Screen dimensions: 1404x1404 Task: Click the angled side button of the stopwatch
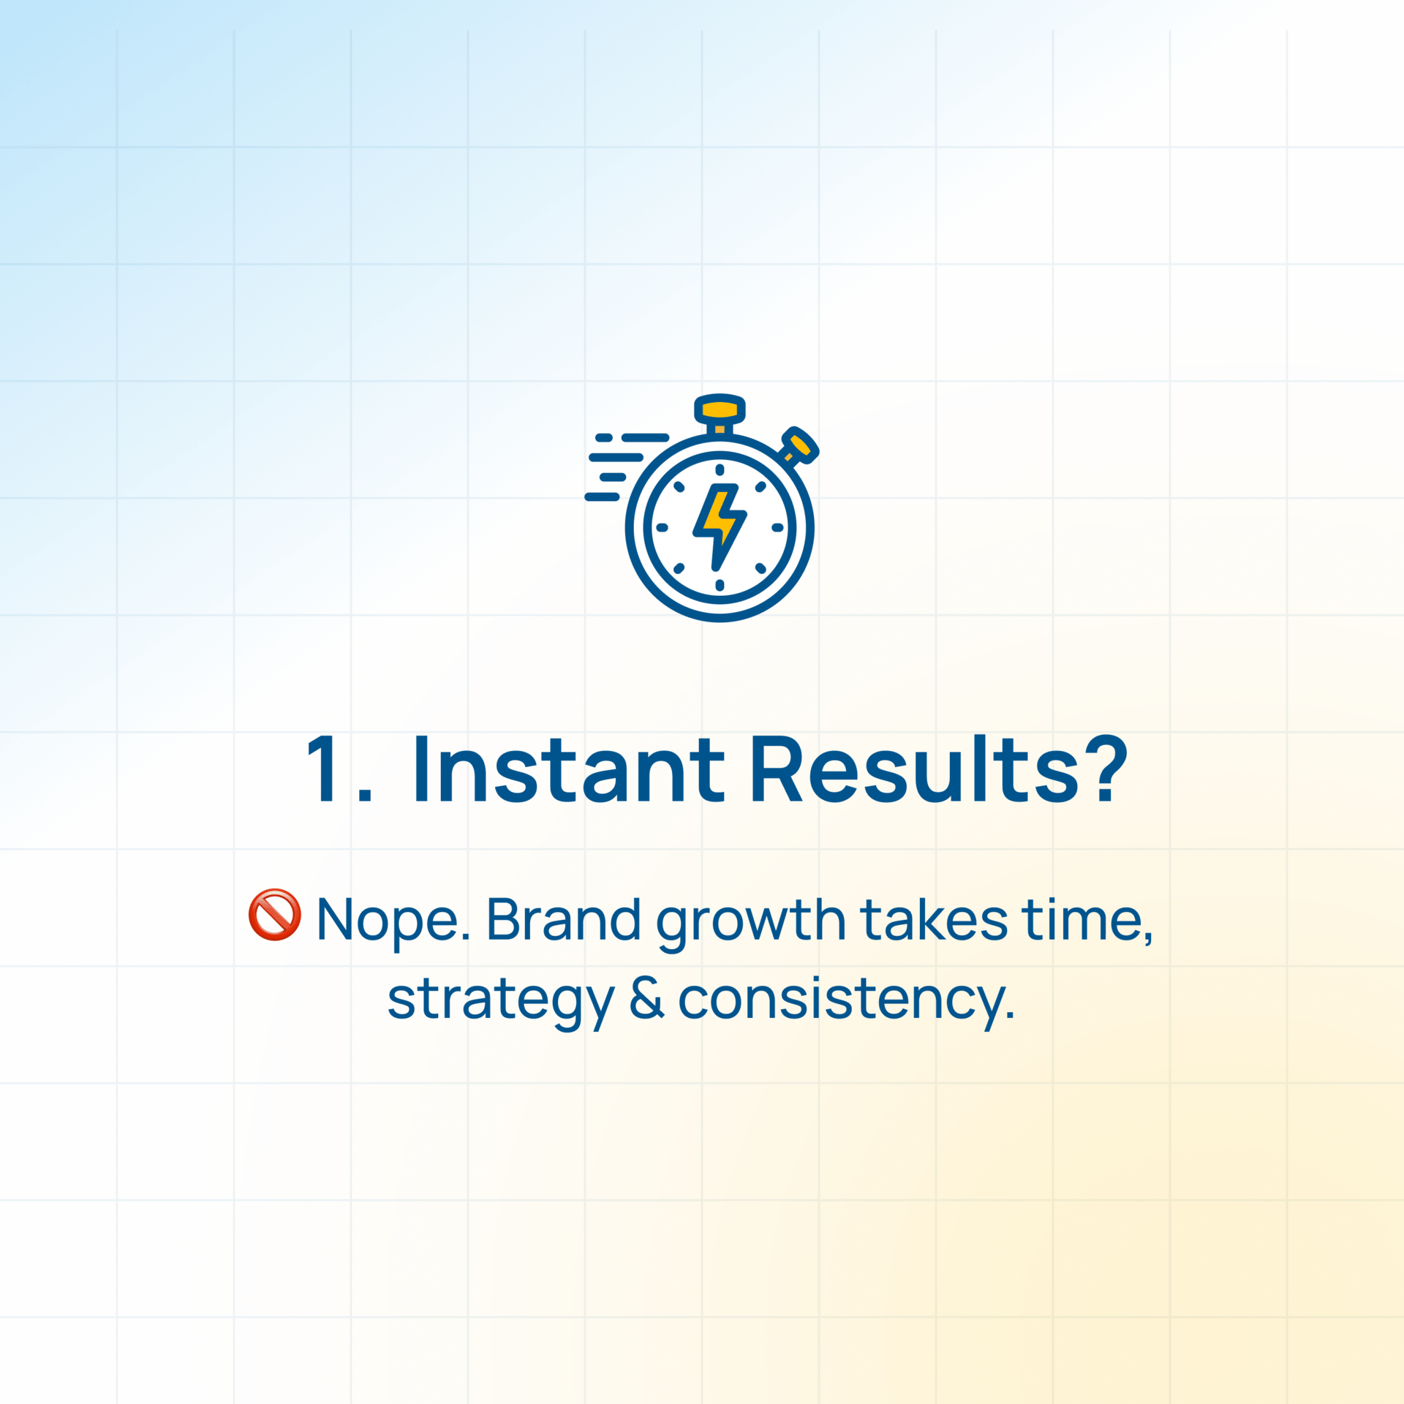(x=800, y=445)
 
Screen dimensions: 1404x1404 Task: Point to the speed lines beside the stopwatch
(x=627, y=467)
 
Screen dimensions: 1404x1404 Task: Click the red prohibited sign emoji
(x=274, y=914)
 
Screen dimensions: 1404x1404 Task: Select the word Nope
(x=393, y=921)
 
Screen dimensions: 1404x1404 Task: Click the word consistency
(x=847, y=1000)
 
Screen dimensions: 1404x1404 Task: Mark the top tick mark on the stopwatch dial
(x=720, y=470)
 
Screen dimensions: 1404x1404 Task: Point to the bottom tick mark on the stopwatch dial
(x=720, y=585)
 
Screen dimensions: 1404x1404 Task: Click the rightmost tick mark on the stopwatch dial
(x=777, y=527)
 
